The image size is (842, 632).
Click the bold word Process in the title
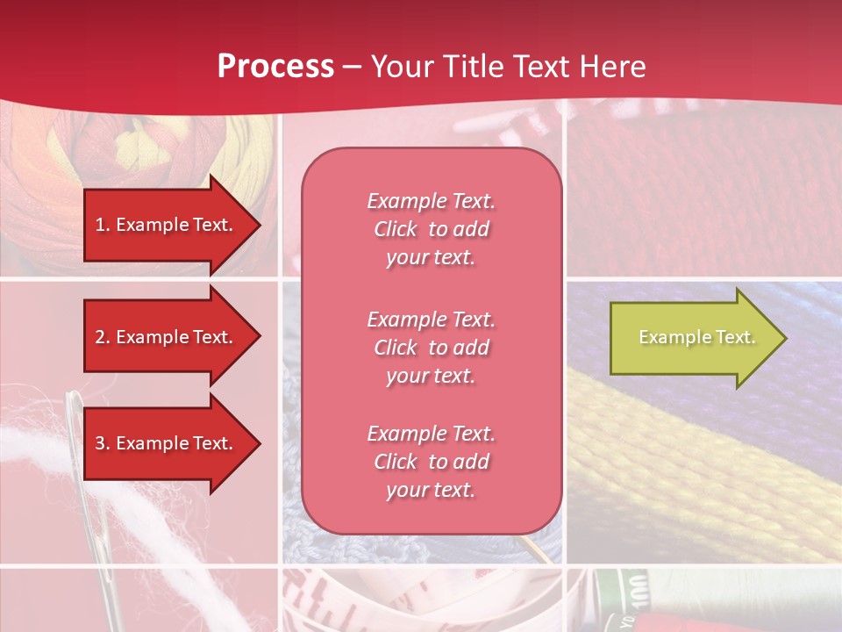point(275,66)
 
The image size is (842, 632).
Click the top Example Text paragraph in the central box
point(431,229)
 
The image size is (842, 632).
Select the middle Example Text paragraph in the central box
point(431,348)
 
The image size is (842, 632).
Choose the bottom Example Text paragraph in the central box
point(431,462)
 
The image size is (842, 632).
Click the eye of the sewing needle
point(74,418)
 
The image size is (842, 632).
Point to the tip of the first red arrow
point(260,225)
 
